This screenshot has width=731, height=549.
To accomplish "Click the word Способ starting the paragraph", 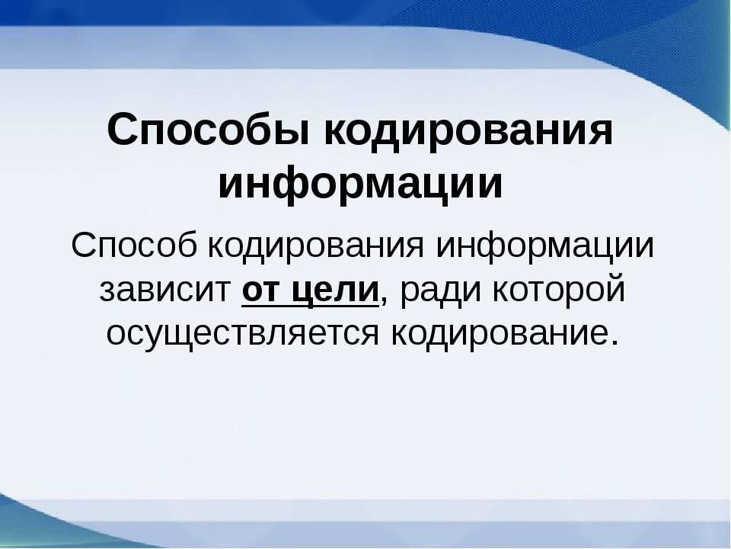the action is pyautogui.click(x=134, y=246).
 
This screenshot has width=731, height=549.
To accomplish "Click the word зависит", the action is pyautogui.click(x=165, y=291).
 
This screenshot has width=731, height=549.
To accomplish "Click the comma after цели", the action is pyautogui.click(x=384, y=300).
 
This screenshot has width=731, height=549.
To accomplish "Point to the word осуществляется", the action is pyautogui.click(x=242, y=335).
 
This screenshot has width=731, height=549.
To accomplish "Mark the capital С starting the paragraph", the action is pyautogui.click(x=84, y=246).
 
